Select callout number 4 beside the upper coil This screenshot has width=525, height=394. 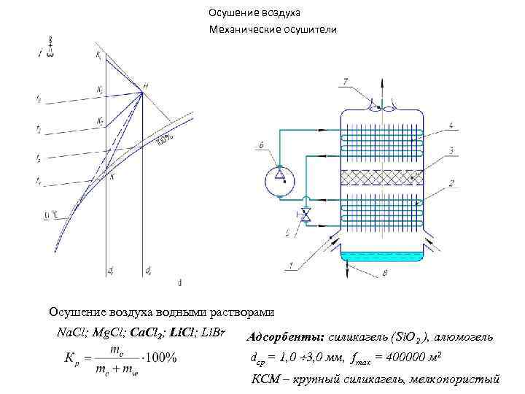[x=452, y=126]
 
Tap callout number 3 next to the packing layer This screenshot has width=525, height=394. [x=452, y=150]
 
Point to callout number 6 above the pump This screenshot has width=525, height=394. [x=261, y=146]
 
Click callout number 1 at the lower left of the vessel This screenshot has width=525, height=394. [x=292, y=265]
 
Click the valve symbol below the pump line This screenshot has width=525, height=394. [x=306, y=215]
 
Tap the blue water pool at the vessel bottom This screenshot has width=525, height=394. [x=379, y=256]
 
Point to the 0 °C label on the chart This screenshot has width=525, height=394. [x=50, y=215]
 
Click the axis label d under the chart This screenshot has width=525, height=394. [x=179, y=282]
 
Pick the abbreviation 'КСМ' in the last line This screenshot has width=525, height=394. [x=263, y=378]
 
